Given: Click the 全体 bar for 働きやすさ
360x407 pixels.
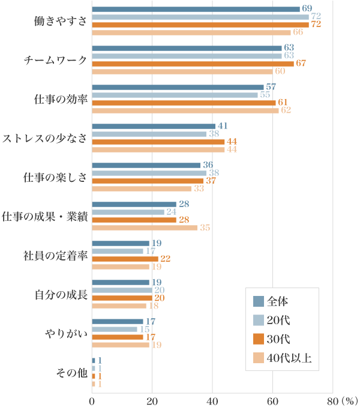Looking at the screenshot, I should [196, 9].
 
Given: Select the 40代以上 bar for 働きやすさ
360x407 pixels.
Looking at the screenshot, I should [191, 32].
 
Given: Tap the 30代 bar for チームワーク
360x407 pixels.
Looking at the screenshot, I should [193, 64].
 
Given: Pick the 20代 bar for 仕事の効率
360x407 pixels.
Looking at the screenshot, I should [175, 95].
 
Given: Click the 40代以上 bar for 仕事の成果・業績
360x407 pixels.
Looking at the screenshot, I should [145, 228].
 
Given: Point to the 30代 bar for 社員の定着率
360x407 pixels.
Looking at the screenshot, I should [125, 259].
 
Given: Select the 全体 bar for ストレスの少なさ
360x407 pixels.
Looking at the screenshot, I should [154, 126].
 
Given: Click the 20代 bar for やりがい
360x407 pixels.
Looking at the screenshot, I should [115, 329].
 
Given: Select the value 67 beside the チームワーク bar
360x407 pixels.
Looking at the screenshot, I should [302, 64].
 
